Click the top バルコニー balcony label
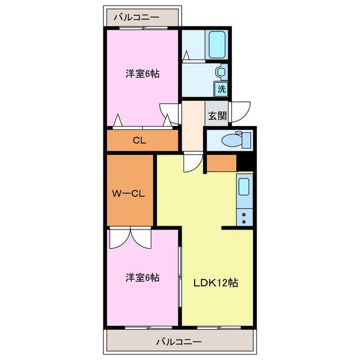136,17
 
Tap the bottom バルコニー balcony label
178,341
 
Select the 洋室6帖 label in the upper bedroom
142,74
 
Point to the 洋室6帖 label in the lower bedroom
142,278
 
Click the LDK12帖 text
216,283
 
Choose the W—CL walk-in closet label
129,194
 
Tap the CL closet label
139,141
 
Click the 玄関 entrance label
217,116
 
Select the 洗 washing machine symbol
222,89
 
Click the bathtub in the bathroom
217,44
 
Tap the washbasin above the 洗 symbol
221,72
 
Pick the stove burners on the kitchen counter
244,217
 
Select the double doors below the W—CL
130,237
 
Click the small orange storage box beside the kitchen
220,163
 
